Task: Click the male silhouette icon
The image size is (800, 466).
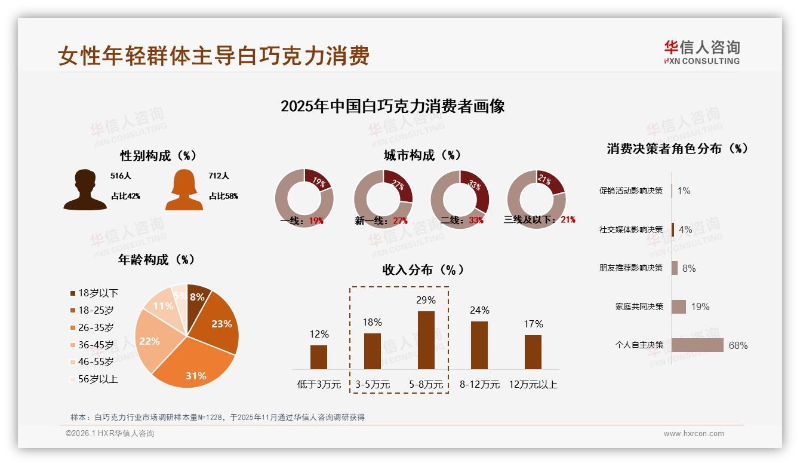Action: coord(85,190)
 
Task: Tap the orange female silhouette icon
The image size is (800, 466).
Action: coord(184,190)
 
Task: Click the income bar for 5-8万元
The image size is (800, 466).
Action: coord(426,340)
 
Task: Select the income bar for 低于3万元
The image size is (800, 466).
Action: coord(319,357)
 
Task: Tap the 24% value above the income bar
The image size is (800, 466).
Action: coord(479,310)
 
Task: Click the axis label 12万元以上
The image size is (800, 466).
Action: coord(533,385)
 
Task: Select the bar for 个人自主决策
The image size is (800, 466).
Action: coord(697,345)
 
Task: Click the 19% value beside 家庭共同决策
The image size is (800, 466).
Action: coord(700,306)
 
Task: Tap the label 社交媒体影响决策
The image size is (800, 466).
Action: coord(630,229)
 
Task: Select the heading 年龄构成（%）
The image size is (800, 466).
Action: coord(156,260)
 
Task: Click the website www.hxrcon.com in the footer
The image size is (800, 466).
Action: coord(693,434)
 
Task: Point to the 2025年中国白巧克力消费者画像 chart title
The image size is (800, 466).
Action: coord(392,106)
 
